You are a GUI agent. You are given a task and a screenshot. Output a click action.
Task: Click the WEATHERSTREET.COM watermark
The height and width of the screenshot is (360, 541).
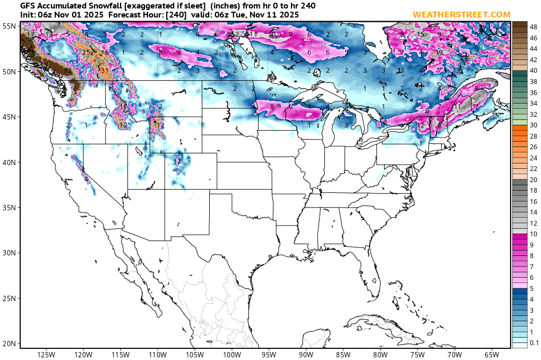click(458, 14)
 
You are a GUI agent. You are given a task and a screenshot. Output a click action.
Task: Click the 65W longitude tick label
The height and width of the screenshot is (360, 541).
click(492, 354)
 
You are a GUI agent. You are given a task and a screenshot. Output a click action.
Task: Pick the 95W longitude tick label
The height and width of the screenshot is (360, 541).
click(269, 354)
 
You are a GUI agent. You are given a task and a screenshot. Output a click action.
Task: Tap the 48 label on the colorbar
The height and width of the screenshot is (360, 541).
click(534, 27)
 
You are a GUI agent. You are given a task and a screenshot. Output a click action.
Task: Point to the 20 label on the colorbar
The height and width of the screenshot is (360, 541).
click(534, 179)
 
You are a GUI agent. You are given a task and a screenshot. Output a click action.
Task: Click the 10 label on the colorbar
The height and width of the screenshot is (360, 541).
click(534, 234)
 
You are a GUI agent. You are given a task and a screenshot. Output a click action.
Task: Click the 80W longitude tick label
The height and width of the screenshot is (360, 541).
click(380, 354)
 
